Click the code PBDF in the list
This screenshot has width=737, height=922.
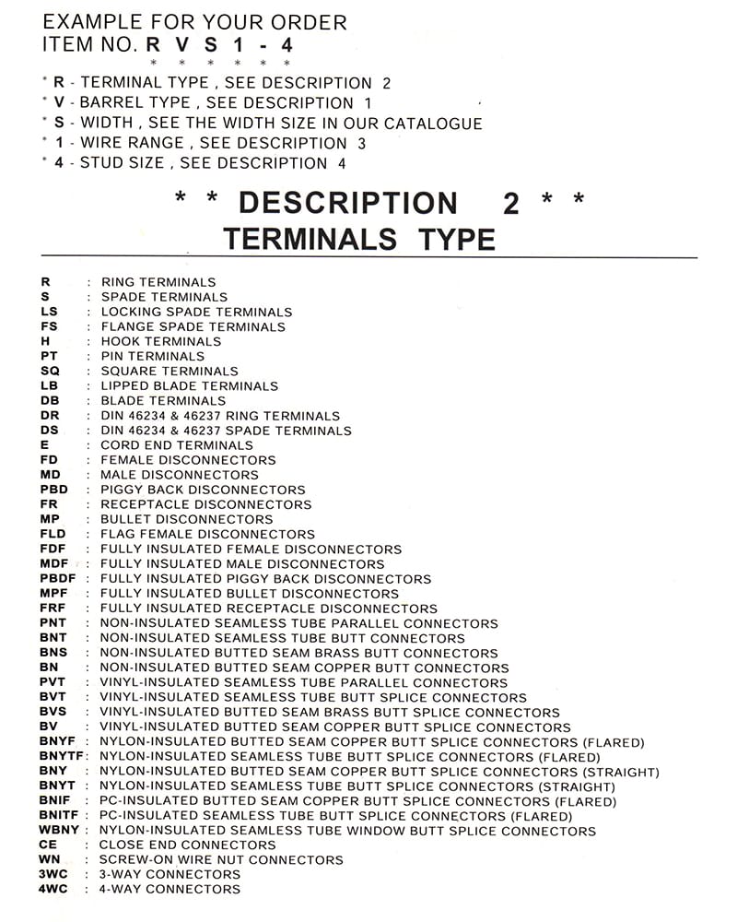[58, 579]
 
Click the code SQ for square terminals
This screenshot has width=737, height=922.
[50, 372]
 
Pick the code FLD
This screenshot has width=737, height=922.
[53, 535]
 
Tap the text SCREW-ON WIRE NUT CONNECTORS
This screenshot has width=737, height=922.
[220, 860]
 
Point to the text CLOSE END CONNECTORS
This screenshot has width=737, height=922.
[187, 845]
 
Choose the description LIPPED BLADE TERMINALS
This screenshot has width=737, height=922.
[189, 386]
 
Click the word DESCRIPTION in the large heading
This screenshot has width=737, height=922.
[347, 203]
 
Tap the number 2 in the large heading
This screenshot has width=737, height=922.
[511, 203]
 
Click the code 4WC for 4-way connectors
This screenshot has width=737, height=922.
[53, 890]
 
